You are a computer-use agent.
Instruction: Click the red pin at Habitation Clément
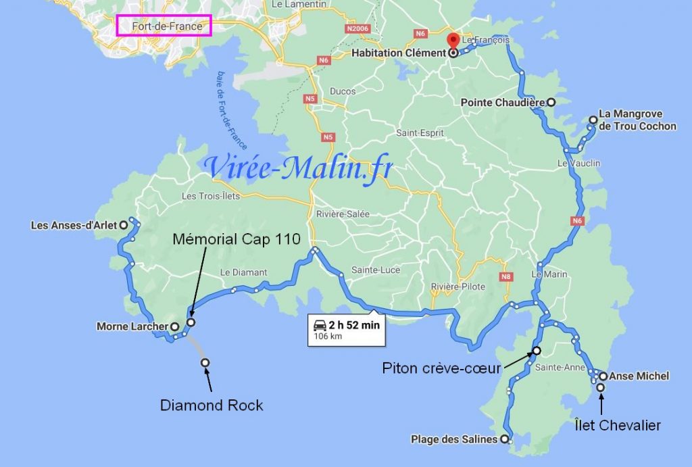pyautogui.click(x=453, y=41)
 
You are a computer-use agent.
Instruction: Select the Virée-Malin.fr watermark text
pyautogui.click(x=298, y=169)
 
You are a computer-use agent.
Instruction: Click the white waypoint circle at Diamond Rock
pyautogui.click(x=205, y=363)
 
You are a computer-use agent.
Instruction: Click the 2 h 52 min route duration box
pyautogui.click(x=345, y=329)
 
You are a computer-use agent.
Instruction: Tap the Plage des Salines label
pyautogui.click(x=454, y=439)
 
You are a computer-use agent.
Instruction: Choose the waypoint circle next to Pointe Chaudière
pyautogui.click(x=551, y=103)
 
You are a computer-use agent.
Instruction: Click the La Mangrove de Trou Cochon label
pyautogui.click(x=637, y=120)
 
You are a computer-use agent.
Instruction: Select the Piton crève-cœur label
pyautogui.click(x=442, y=368)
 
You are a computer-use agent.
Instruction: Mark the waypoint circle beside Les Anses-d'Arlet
pyautogui.click(x=124, y=225)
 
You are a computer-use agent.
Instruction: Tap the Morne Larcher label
pyautogui.click(x=132, y=327)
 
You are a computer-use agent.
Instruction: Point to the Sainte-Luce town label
pyautogui.click(x=376, y=270)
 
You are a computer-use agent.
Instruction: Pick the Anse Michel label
pyautogui.click(x=639, y=376)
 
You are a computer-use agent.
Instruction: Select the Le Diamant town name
pyautogui.click(x=244, y=272)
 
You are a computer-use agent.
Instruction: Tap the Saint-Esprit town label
pyautogui.click(x=420, y=133)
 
